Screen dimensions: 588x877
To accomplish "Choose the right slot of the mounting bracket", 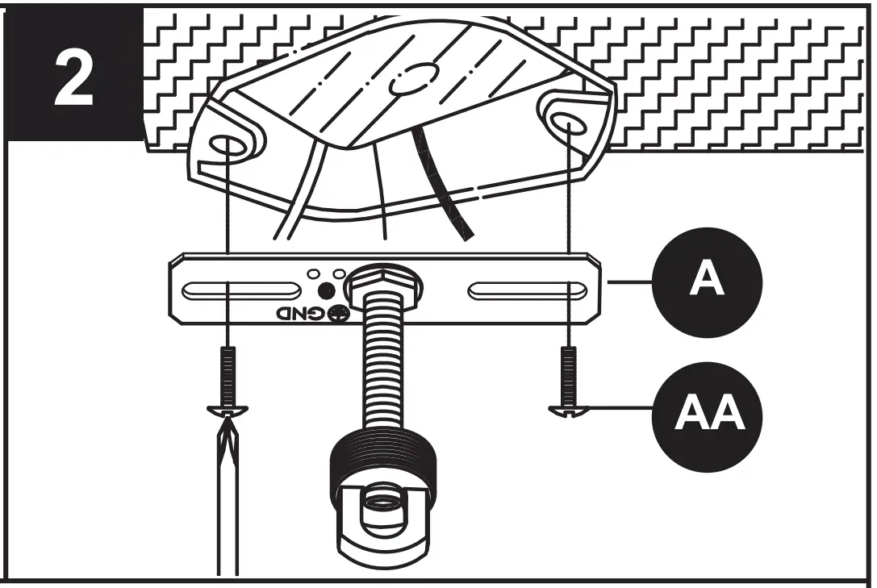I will coord(529,290).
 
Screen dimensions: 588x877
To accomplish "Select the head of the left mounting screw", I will coord(228,409).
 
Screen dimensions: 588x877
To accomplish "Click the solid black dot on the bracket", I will coord(326,291).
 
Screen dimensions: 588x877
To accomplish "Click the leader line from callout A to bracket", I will coord(629,282).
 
